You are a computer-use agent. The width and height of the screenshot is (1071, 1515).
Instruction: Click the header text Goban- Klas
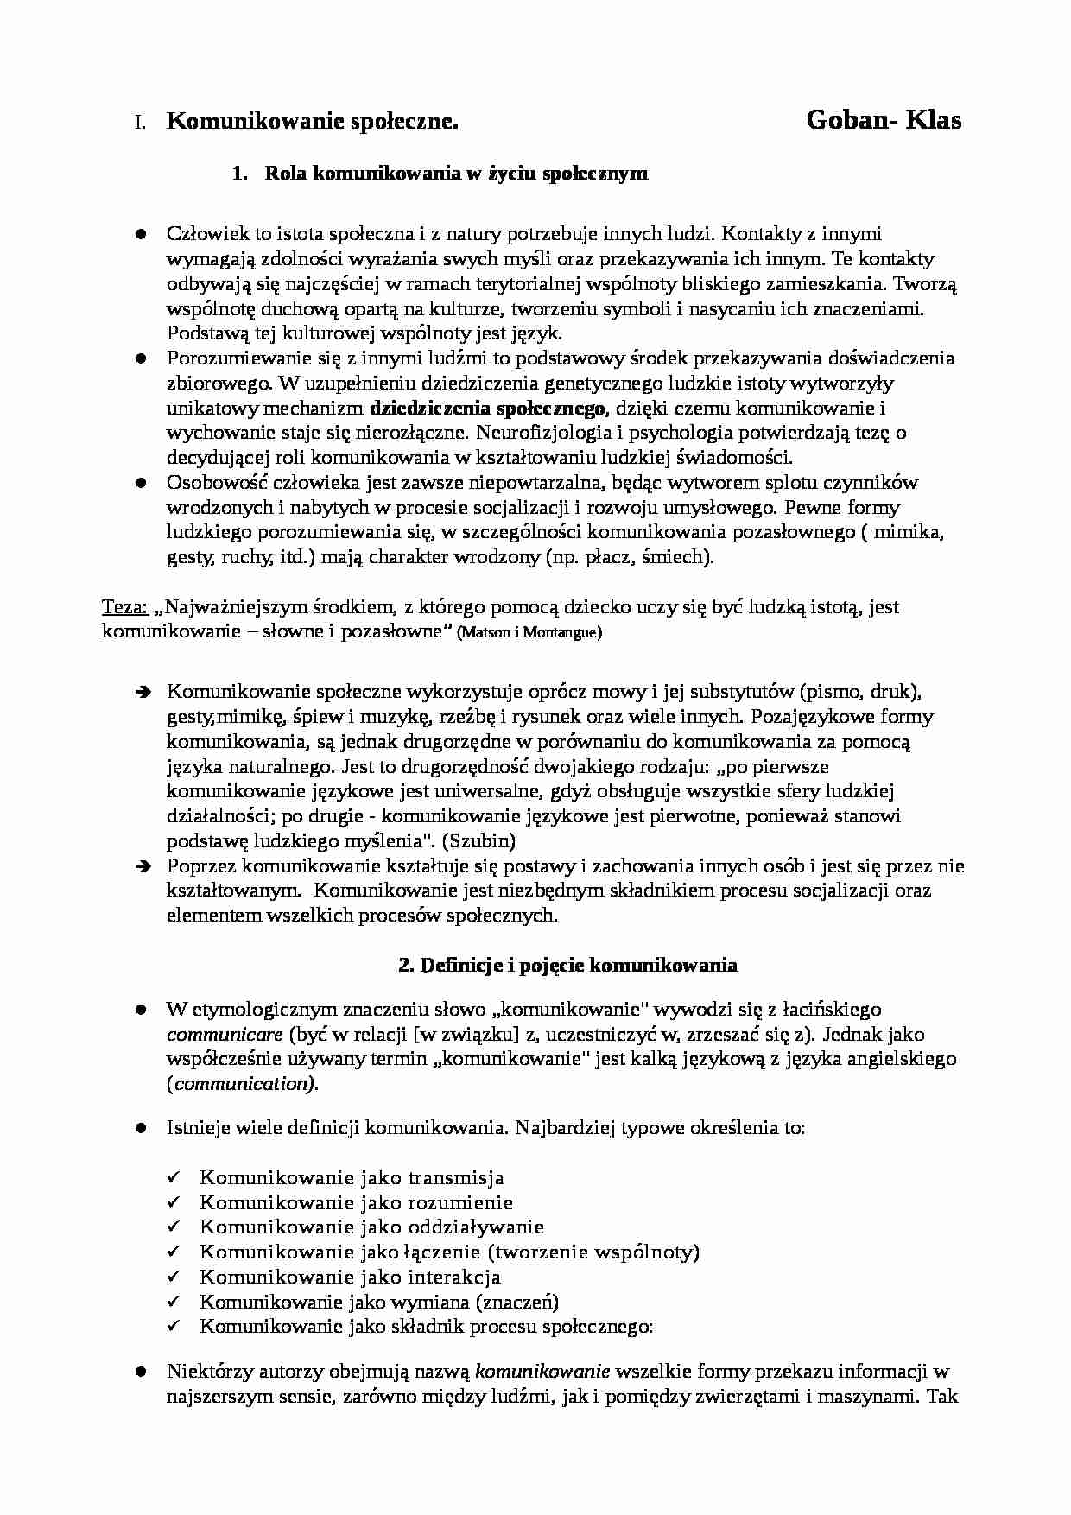pyautogui.click(x=883, y=120)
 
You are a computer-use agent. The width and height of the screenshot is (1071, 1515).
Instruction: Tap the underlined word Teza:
pyautogui.click(x=125, y=607)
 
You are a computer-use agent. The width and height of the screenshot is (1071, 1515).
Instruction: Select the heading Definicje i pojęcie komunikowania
pyautogui.click(x=567, y=965)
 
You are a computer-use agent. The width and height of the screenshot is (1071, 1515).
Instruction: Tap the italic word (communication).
pyautogui.click(x=242, y=1084)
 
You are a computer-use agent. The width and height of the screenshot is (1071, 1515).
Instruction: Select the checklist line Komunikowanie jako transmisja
pyautogui.click(x=352, y=1178)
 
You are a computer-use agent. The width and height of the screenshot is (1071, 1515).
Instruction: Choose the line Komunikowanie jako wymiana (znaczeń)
pyautogui.click(x=379, y=1302)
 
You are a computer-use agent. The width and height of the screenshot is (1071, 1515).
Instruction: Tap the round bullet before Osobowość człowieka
pyautogui.click(x=140, y=483)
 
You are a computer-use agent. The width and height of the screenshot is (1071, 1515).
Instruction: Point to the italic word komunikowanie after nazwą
pyautogui.click(x=543, y=1371)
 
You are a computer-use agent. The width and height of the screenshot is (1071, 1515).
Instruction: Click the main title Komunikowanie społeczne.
pyautogui.click(x=312, y=123)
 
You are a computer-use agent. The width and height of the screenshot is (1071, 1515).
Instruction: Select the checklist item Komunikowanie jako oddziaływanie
pyautogui.click(x=371, y=1227)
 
